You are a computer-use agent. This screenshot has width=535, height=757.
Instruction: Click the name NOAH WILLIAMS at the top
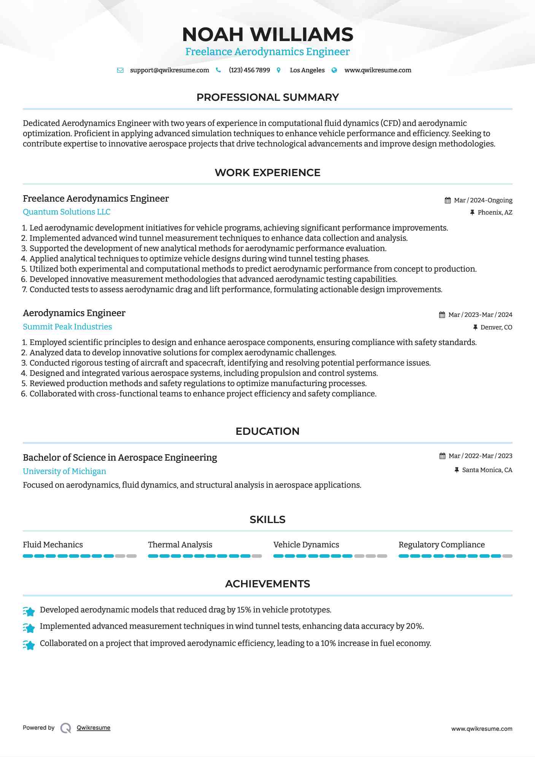[267, 35]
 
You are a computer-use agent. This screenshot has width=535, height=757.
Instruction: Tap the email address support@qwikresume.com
[169, 70]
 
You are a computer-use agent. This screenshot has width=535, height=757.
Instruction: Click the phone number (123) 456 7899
[249, 70]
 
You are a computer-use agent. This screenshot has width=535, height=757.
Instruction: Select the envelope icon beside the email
[120, 70]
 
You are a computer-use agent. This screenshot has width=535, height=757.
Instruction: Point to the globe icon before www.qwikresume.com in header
[334, 70]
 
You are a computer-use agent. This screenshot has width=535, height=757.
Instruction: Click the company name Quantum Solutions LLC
[67, 212]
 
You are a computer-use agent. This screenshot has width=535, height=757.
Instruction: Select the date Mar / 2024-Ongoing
[483, 200]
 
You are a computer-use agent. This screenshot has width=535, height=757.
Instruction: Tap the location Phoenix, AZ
[495, 213]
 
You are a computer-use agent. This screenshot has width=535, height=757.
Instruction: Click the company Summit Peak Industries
[67, 327]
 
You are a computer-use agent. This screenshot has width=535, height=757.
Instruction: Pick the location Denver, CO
[496, 328]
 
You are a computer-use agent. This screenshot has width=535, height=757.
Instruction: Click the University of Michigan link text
[64, 471]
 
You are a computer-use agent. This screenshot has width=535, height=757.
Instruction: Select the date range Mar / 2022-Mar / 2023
[480, 456]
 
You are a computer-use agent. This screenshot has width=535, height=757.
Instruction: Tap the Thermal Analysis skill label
[180, 545]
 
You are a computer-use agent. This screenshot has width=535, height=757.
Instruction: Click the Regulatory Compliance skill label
[441, 545]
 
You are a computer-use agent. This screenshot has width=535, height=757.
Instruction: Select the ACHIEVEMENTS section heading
[267, 584]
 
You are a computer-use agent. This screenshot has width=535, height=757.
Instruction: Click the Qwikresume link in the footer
[94, 728]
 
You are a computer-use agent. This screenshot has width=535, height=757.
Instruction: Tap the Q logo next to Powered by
[66, 728]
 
